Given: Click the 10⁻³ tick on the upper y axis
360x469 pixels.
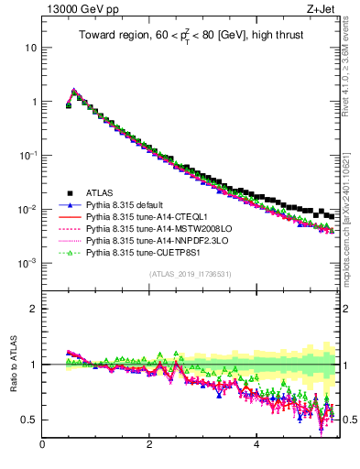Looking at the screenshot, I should point(28,263).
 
